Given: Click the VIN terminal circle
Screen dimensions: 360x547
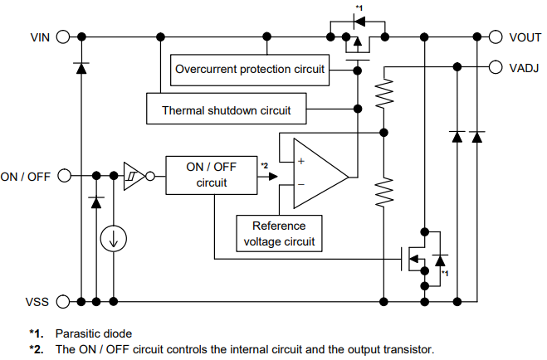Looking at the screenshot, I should [62, 36].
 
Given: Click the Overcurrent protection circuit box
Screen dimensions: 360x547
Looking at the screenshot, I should [250, 69].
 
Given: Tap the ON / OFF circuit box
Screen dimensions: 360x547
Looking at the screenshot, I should [212, 175].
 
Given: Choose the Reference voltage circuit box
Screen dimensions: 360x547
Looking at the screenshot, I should [279, 233].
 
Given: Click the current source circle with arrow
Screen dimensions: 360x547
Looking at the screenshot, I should [113, 239].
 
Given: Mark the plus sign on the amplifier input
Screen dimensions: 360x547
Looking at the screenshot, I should [300, 161].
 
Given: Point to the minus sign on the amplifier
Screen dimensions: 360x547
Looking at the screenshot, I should [300, 183].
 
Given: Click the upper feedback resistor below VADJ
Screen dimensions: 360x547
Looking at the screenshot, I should [383, 94].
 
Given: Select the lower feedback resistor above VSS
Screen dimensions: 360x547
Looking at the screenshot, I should [383, 192].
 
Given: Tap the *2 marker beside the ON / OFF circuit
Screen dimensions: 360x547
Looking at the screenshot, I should [264, 166].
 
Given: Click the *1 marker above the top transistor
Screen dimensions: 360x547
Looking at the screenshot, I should [359, 7].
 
